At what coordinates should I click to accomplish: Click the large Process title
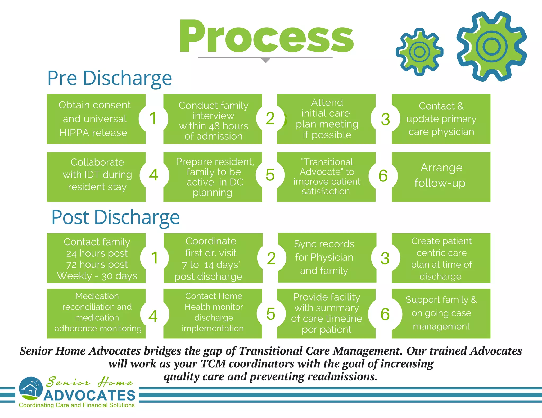(x=266, y=37)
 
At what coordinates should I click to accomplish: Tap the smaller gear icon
(x=419, y=52)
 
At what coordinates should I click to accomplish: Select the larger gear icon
(x=491, y=47)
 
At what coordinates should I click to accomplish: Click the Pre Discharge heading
(x=110, y=78)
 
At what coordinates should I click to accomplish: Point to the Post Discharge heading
(x=115, y=217)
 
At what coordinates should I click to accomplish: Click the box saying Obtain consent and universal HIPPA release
(x=94, y=119)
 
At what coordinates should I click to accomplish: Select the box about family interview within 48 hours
(x=213, y=120)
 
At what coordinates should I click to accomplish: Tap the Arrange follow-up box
(x=441, y=175)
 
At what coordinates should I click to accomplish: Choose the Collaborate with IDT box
(x=97, y=175)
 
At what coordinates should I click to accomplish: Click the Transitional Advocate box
(x=326, y=176)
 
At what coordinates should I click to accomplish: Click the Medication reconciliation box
(x=97, y=312)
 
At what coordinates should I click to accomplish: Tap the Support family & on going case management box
(x=441, y=313)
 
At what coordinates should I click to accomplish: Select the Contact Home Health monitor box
(x=213, y=312)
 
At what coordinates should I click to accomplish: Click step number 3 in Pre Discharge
(x=385, y=119)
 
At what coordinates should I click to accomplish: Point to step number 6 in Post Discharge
(x=385, y=314)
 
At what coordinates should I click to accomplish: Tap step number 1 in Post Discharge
(x=155, y=258)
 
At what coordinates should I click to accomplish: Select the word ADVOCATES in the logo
(x=90, y=396)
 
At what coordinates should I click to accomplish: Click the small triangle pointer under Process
(x=265, y=60)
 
